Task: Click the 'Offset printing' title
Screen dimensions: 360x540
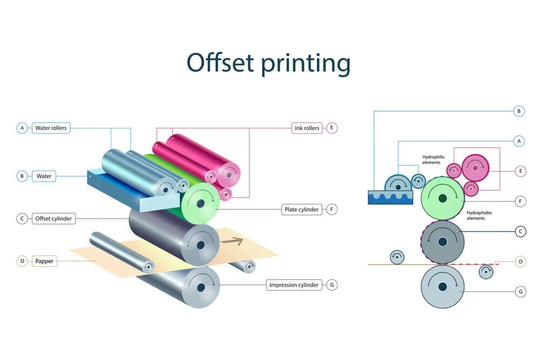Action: click(x=268, y=63)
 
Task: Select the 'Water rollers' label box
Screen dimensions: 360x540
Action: click(x=51, y=128)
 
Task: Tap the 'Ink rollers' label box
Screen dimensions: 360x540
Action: click(x=307, y=128)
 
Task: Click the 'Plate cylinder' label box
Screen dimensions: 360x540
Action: click(x=301, y=209)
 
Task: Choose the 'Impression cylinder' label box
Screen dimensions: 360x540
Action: click(x=294, y=285)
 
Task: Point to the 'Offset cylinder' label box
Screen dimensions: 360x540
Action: click(x=53, y=219)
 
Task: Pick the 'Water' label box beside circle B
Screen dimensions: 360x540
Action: click(x=44, y=176)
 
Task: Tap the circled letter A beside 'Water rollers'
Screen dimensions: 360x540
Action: click(x=22, y=128)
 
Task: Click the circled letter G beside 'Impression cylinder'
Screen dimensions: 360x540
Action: click(x=332, y=285)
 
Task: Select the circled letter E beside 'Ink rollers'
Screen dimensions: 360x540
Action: click(x=332, y=128)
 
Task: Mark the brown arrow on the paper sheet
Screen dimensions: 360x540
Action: click(x=232, y=241)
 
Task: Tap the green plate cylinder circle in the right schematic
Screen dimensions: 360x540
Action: click(x=443, y=198)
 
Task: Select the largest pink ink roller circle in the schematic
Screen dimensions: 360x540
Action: click(x=475, y=168)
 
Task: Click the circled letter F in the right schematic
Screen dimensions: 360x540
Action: click(x=521, y=201)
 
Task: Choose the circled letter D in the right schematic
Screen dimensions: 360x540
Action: click(x=521, y=262)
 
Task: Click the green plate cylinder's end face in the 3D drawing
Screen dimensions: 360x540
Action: click(x=200, y=203)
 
